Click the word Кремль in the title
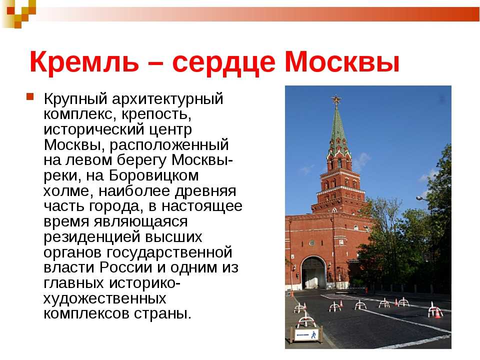coord(84,62)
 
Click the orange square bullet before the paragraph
coord(30,96)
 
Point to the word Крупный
coord(75,99)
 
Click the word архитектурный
coord(167,99)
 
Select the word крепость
coord(156,114)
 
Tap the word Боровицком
coord(153,175)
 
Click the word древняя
coord(205,191)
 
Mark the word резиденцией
coord(92,237)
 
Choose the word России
coord(125,267)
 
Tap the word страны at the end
coord(162,314)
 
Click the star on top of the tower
coord(336,99)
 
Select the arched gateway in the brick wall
coord(313,273)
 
